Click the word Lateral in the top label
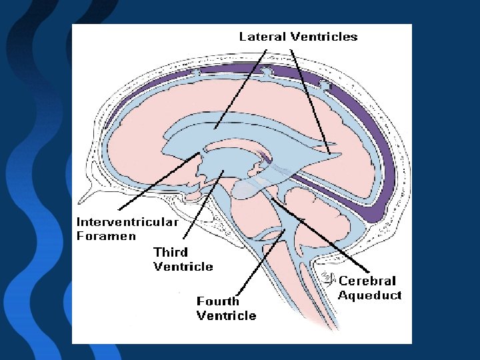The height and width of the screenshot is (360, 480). tap(263, 37)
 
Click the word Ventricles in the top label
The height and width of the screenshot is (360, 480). tap(325, 37)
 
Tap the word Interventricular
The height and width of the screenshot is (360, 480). tap(127, 222)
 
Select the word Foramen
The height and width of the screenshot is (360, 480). tap(106, 235)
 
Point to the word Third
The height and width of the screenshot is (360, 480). tap(171, 253)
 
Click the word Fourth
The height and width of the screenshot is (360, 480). tap(218, 301)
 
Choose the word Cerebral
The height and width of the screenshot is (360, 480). tap(367, 281)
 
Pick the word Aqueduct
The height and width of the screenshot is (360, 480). tap(369, 295)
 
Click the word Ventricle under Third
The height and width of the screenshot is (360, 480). tap(183, 267)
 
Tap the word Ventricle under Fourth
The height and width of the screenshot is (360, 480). tap(226, 315)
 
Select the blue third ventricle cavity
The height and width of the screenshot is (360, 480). tap(227, 163)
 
